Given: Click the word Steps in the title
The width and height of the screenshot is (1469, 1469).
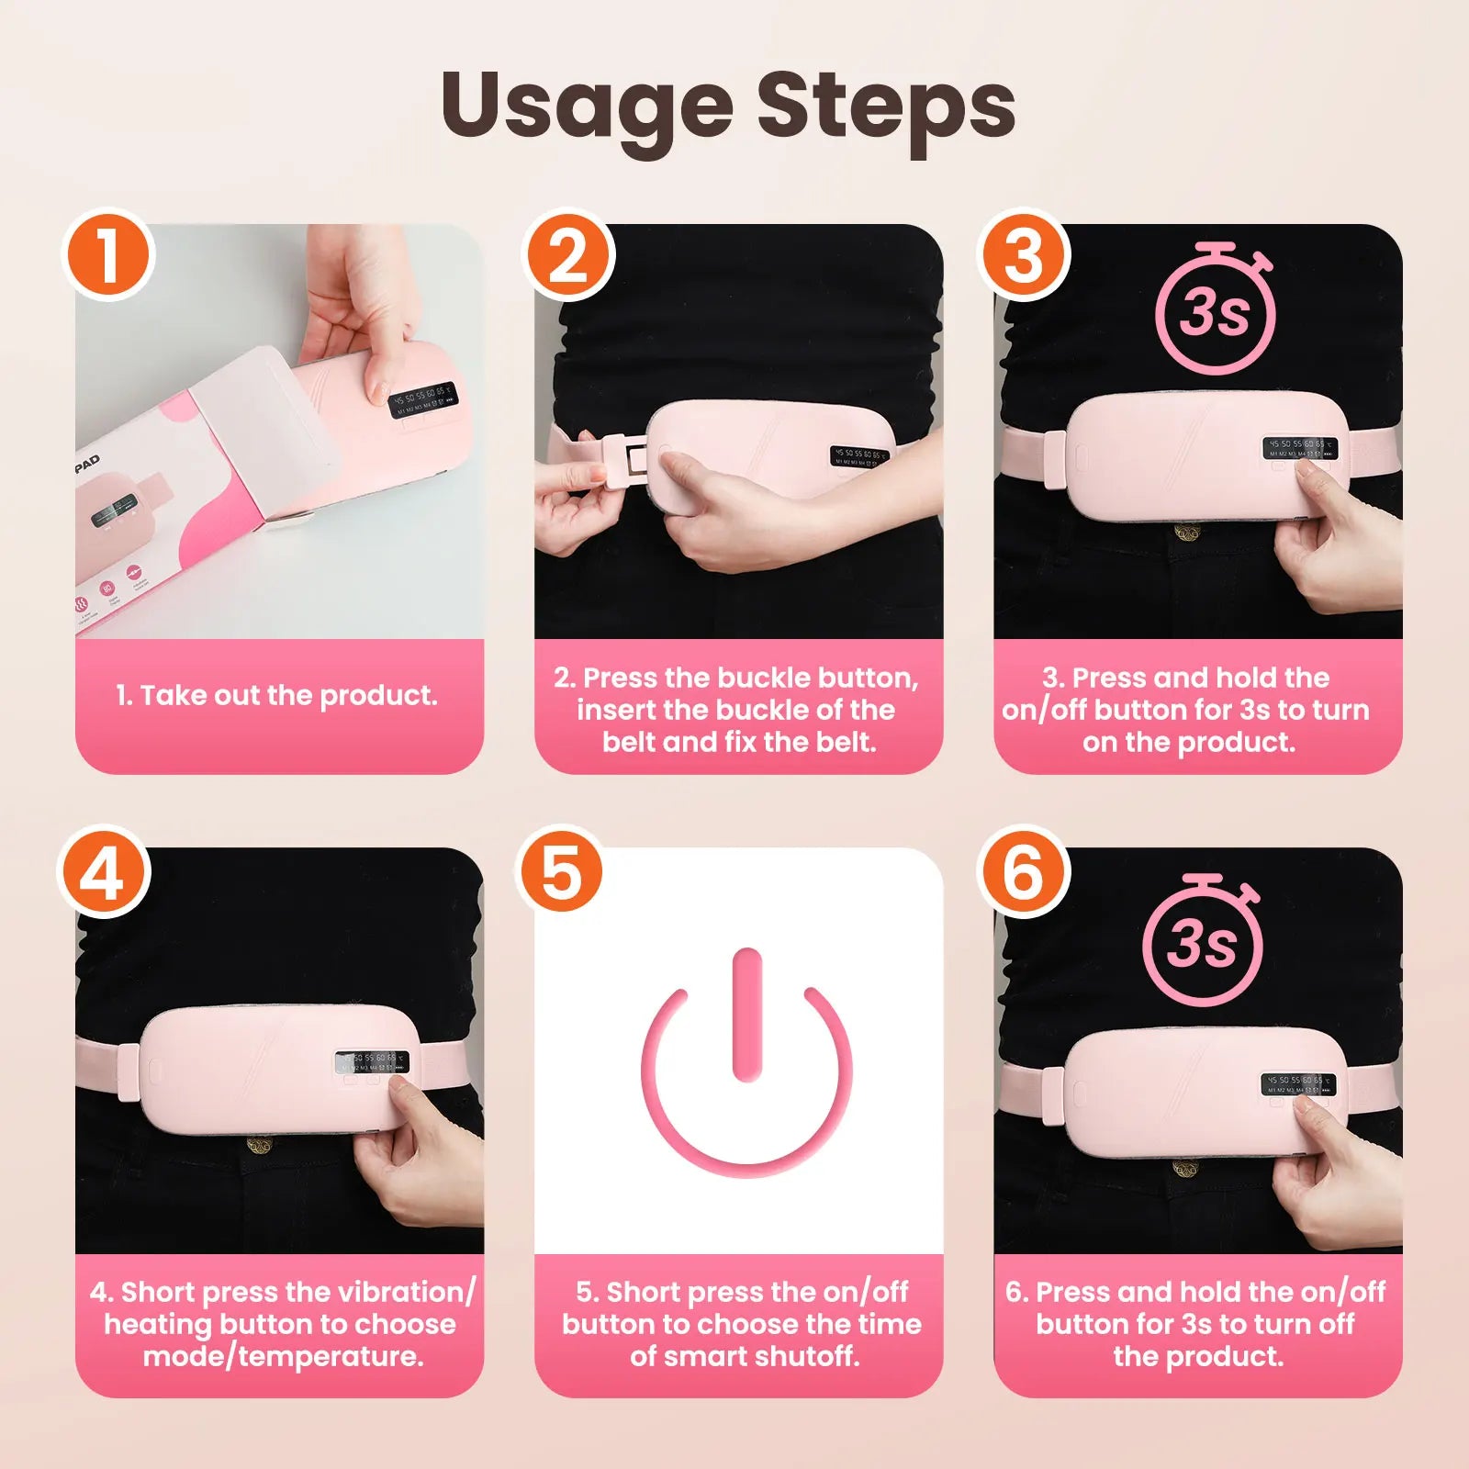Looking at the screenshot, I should pos(886,108).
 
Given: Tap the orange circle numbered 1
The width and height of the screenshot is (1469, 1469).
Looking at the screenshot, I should pos(108,255).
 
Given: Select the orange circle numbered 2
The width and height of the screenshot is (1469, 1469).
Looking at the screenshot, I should pos(567,255).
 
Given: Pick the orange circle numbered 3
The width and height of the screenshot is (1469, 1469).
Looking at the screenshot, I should pos(1025,255).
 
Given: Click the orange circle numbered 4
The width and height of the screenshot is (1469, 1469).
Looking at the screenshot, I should pos(103,872).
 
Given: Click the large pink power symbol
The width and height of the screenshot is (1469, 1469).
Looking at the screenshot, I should pos(747,1065).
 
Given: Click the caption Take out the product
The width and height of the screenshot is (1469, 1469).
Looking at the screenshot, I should pos(277,696).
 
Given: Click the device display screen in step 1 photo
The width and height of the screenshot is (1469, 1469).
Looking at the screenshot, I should pos(423,400).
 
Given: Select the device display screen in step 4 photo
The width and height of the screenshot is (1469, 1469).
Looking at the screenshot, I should pos(372,1062).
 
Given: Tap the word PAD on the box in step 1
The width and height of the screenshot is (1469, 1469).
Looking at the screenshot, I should pos(87,462).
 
